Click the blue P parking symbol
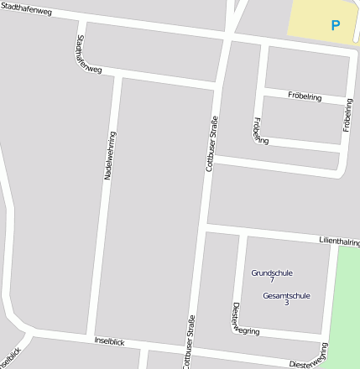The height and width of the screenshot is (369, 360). [336, 26]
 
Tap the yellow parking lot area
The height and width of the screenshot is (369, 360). [315, 18]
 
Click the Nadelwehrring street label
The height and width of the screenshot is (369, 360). [109, 156]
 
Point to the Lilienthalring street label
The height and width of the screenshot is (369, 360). [339, 242]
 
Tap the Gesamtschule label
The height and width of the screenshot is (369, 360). [286, 295]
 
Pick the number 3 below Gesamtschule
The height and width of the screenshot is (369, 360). [286, 302]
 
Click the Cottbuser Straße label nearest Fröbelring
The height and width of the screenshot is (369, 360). [211, 143]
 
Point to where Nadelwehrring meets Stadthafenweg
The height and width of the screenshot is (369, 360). [118, 75]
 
